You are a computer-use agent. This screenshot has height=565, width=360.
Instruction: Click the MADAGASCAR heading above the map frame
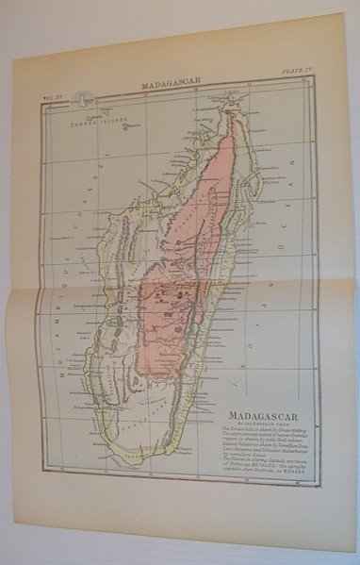pos(170,83)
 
